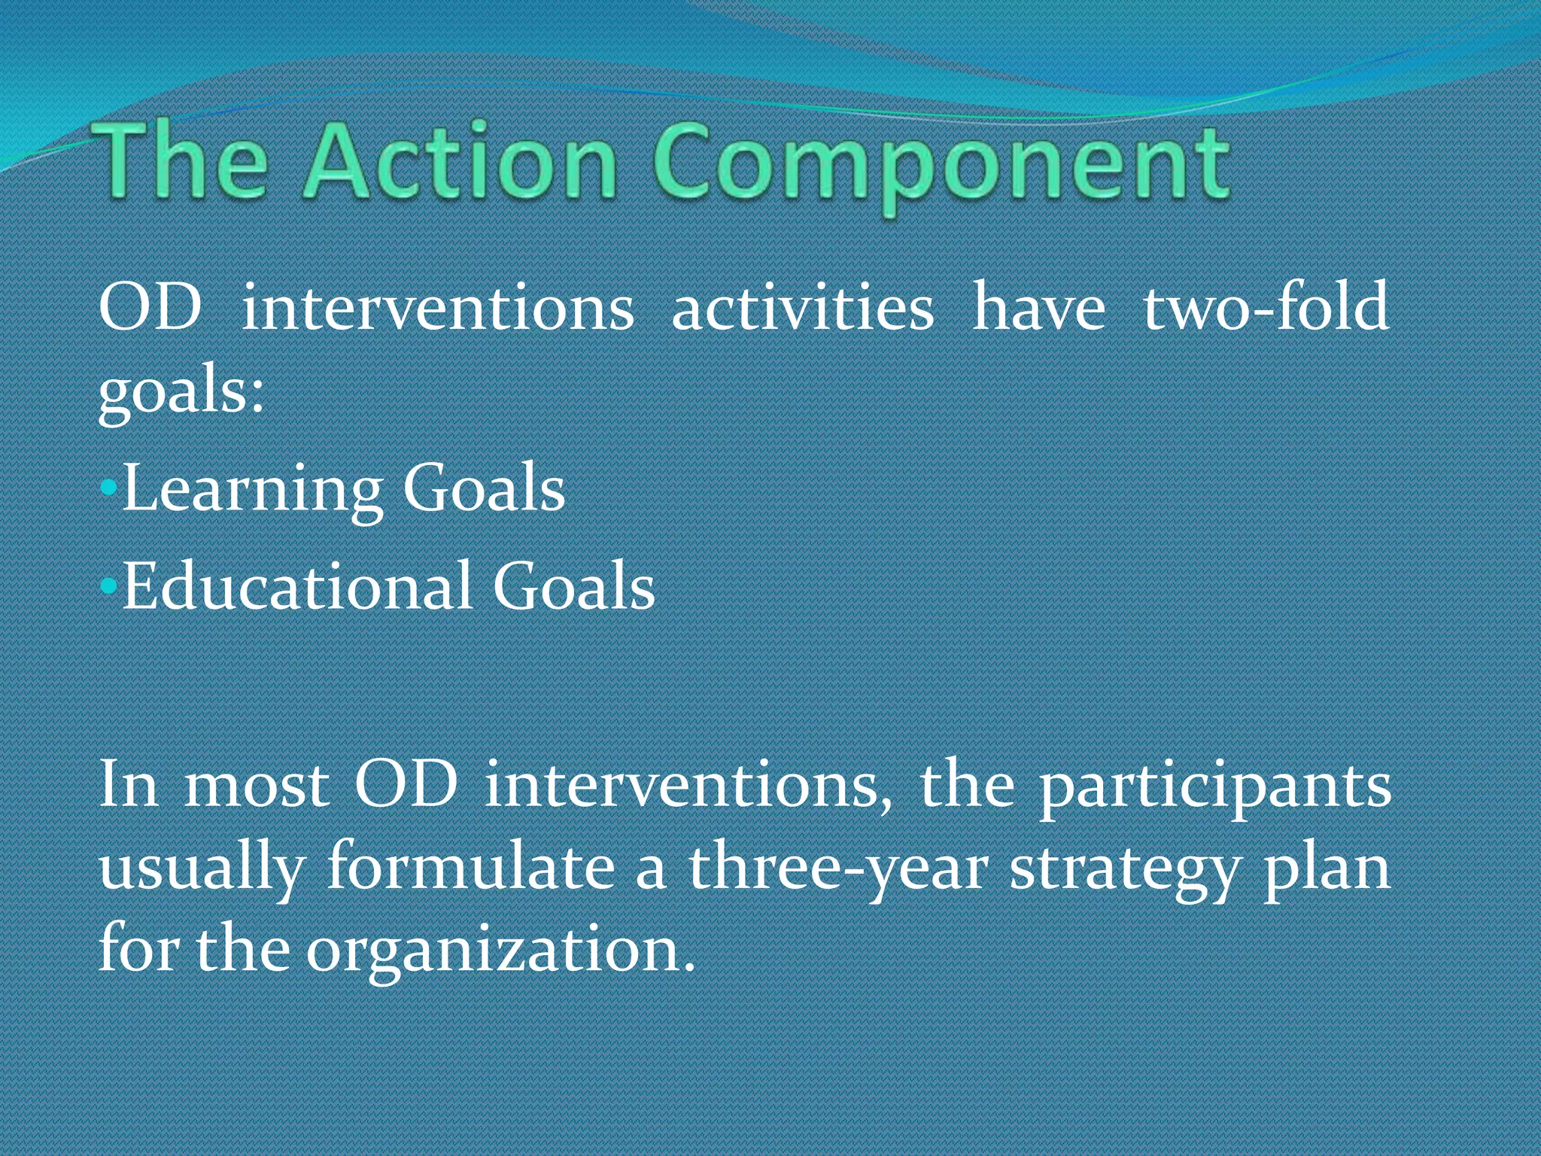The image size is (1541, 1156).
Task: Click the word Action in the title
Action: tap(460, 163)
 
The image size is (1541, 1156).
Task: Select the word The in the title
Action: tap(181, 163)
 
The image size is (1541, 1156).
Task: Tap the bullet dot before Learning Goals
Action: tap(108, 488)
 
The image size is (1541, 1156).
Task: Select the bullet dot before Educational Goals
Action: tap(108, 586)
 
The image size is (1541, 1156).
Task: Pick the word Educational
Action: tap(298, 586)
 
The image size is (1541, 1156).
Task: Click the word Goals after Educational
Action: tap(573, 586)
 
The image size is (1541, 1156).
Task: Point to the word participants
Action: tap(1215, 787)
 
